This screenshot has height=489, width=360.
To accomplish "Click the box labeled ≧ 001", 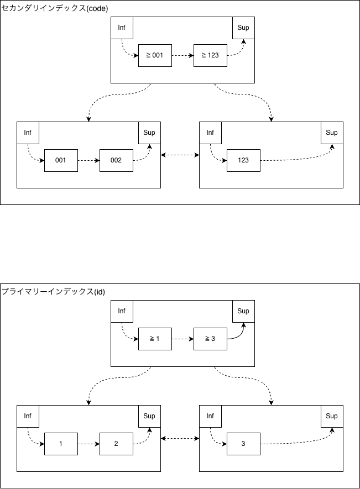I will click(x=155, y=55).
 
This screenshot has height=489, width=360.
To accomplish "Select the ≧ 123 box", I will click(x=210, y=55).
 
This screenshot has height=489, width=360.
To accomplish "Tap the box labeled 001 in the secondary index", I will click(x=61, y=160).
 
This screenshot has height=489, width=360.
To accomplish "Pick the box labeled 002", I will click(x=116, y=160).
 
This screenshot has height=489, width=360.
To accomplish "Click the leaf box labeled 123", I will click(x=243, y=160).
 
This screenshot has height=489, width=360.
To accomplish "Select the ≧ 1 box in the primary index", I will click(x=155, y=339).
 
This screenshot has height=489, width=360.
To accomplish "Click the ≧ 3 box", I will click(x=210, y=339).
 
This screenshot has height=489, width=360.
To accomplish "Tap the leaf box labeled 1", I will click(x=61, y=444).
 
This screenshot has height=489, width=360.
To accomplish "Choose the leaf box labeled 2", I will click(x=116, y=444).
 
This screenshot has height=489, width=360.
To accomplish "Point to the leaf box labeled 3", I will click(x=243, y=444).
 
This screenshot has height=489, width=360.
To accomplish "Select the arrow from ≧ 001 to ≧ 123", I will click(x=182, y=55).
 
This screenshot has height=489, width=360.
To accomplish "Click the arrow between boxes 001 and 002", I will click(x=88, y=160).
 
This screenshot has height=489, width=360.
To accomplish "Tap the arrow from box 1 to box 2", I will click(x=88, y=444).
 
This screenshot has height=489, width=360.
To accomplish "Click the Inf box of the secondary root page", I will click(x=122, y=28).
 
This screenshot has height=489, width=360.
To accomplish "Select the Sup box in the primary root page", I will click(x=243, y=311).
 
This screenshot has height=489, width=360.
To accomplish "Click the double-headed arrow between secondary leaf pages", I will click(x=180, y=155).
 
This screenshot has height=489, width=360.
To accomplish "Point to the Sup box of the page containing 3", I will click(x=332, y=416).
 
